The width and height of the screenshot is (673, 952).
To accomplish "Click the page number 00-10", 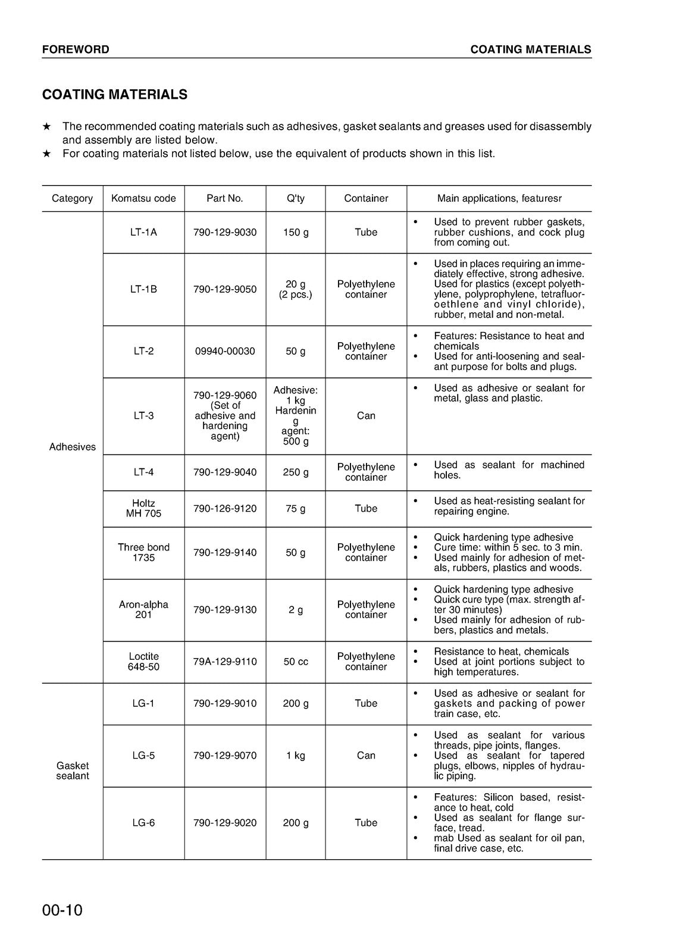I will [62, 910].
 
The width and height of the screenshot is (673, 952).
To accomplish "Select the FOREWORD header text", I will [76, 49].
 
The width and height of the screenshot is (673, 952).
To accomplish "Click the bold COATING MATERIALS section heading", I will [115, 95].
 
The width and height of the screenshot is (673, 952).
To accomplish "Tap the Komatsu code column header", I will [143, 198].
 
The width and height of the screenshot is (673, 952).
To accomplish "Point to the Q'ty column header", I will [296, 198].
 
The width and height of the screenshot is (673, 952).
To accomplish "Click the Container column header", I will [366, 198].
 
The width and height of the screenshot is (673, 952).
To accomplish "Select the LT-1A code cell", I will [143, 232].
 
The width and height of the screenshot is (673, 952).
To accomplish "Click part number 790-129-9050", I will [225, 289].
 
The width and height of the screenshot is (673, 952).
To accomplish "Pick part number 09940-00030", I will [225, 351].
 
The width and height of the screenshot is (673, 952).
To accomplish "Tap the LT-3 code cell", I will [143, 415].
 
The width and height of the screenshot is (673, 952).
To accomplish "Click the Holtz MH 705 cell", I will [143, 508].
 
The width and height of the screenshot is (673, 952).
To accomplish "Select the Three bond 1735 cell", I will [143, 552].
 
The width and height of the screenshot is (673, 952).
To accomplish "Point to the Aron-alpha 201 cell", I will [143, 609].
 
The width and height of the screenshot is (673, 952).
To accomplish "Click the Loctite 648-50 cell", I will [143, 662].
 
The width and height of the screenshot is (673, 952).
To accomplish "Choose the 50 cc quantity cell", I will [296, 662].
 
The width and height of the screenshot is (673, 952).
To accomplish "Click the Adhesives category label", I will [72, 447].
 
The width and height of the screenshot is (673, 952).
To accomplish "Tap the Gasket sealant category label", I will [72, 771].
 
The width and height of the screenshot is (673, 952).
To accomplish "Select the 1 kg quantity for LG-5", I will [296, 756].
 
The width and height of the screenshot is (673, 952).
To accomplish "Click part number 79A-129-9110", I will [225, 662].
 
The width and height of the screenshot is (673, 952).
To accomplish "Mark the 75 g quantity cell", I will [296, 508].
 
